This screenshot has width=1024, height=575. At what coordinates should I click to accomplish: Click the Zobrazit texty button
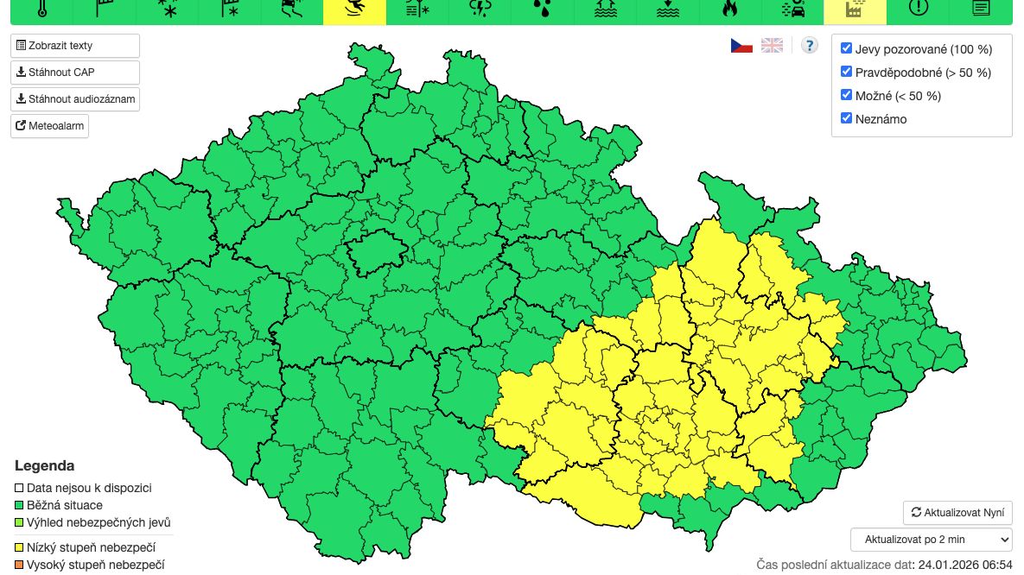coord(75,46)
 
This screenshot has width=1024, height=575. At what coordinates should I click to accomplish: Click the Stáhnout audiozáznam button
coord(75,99)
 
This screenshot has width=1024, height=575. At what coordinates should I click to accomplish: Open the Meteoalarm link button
coord(50,126)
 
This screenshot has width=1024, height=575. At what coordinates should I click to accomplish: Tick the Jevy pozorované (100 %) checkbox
coord(847,48)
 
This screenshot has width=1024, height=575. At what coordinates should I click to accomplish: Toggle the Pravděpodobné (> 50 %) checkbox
coord(847,72)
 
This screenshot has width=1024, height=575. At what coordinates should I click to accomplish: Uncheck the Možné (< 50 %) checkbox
coord(847,95)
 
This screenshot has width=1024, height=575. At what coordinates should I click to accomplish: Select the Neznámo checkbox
coord(847,118)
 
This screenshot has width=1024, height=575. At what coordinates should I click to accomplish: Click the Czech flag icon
coord(741,46)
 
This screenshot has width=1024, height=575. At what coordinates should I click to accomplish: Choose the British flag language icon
coord(772,46)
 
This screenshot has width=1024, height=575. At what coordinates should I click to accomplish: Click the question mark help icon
coord(809,46)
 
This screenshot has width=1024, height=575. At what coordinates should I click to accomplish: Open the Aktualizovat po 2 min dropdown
coord(932,540)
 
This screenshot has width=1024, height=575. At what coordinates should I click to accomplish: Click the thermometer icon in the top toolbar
coord(41,9)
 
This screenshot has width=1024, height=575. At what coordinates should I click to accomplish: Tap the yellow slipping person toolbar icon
coord(354,9)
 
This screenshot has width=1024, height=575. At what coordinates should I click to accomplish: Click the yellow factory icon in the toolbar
coord(855,9)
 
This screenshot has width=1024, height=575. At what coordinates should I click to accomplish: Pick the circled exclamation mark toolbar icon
coord(918,9)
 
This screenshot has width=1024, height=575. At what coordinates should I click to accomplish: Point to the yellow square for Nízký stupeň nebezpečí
coord(20,547)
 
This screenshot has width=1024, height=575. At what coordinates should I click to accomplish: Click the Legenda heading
coord(44,466)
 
